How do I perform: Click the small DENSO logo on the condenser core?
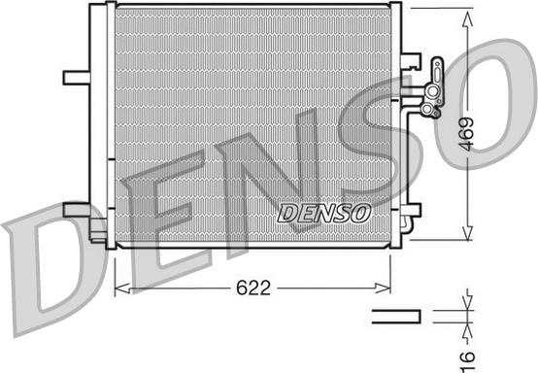click(x=323, y=213)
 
